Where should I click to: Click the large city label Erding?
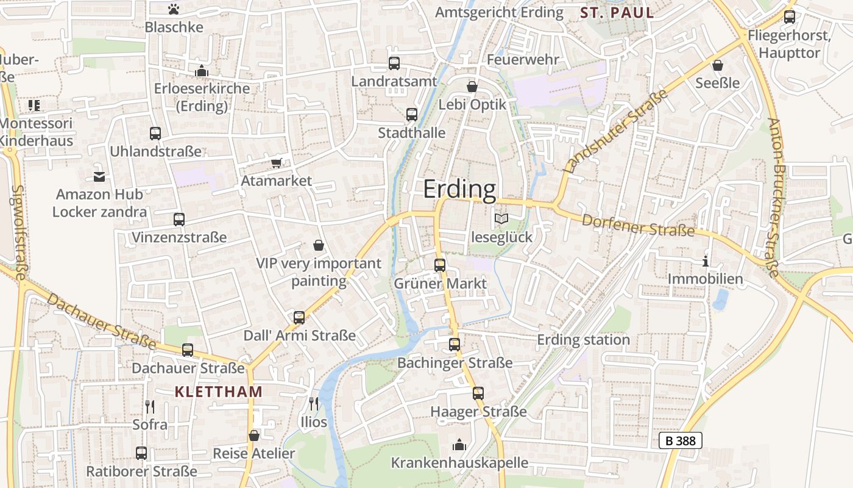460,190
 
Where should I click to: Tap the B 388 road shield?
681,440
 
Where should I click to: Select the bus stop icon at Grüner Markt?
440,265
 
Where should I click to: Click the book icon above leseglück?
501,218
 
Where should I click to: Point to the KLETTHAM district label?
218,392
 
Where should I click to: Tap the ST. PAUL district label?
617,13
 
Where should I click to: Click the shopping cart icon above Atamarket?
277,162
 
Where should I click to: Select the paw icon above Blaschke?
174,9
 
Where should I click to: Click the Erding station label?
583,340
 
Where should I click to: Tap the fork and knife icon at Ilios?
313,403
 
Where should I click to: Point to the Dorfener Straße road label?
638,225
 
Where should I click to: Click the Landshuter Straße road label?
616,131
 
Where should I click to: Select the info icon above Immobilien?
706,261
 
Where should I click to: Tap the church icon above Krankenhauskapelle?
459,445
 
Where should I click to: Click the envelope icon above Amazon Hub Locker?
99,177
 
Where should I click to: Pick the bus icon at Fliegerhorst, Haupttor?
789,17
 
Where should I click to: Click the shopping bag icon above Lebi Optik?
472,87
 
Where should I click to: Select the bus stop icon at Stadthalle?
412,114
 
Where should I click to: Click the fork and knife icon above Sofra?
150,406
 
